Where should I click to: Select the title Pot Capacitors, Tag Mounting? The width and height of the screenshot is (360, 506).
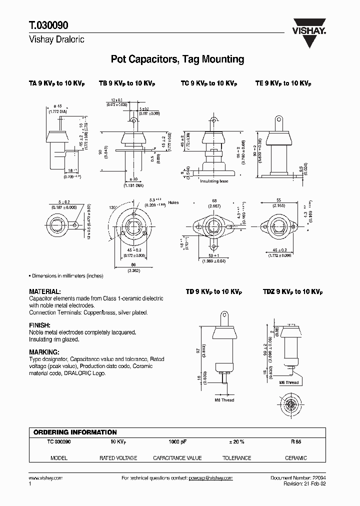177,59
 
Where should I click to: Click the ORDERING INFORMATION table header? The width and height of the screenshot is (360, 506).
75,432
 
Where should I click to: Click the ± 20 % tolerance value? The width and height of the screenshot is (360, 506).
236,442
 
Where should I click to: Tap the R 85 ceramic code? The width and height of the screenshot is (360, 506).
296,442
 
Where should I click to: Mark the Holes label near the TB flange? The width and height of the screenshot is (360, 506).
173,203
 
